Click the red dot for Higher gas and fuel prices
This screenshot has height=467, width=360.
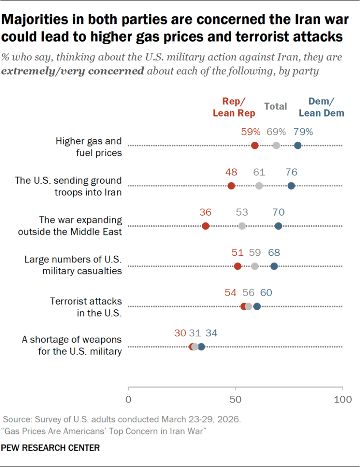click(254, 145)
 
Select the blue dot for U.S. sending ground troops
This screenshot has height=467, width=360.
click(291, 186)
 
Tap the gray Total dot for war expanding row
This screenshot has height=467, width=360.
click(242, 226)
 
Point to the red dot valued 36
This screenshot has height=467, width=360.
click(205, 226)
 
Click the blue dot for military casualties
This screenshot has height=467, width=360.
click(274, 266)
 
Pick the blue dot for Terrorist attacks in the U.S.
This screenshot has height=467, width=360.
click(257, 306)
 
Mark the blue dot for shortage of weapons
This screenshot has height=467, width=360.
click(201, 346)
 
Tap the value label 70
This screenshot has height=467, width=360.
click(278, 213)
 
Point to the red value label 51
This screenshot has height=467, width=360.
click(238, 253)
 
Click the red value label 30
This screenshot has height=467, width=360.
click(180, 333)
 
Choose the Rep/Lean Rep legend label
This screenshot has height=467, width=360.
click(234, 107)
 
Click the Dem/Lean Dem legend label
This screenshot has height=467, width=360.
click(321, 107)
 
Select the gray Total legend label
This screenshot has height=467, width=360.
click(276, 106)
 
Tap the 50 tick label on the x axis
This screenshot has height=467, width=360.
click(235, 400)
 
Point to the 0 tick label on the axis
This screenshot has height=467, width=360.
click(129, 400)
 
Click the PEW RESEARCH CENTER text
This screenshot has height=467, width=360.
click(50, 448)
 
